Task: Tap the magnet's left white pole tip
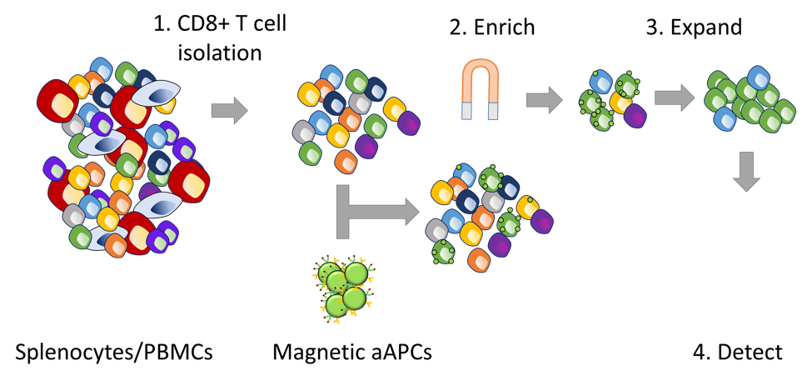point(467,111)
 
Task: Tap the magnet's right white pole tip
point(493,111)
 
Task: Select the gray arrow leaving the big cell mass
point(229,110)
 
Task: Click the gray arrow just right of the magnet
point(544,100)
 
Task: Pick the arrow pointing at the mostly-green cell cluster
point(674,98)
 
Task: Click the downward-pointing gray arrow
point(745,171)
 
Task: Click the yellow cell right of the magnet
point(620,103)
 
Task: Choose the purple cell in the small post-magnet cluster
point(635,116)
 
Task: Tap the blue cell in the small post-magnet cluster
point(601,82)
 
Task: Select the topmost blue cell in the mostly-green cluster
point(758,78)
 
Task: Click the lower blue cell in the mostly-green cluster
point(725,118)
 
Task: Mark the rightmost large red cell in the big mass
point(189,182)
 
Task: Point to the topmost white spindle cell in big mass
point(156,93)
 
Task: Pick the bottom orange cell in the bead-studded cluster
point(479,260)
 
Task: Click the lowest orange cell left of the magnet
point(346,161)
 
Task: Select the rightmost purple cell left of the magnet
point(408,123)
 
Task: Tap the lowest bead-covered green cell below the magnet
point(443,252)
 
